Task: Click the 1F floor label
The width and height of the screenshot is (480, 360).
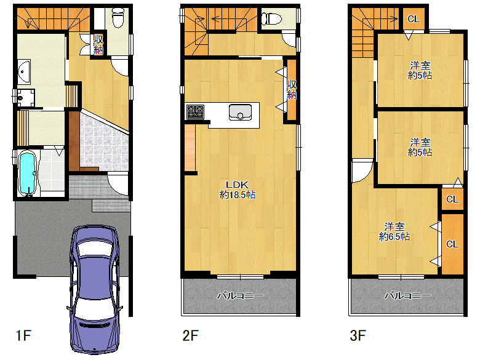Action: pyautogui.click(x=23, y=335)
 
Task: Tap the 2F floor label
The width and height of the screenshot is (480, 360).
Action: pyautogui.click(x=190, y=335)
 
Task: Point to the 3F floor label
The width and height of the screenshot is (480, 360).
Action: pyautogui.click(x=358, y=335)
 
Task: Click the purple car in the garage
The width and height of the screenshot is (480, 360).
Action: pyautogui.click(x=94, y=289)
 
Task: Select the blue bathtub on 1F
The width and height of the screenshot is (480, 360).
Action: pyautogui.click(x=28, y=174)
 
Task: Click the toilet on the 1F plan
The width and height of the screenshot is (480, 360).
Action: pyautogui.click(x=118, y=17)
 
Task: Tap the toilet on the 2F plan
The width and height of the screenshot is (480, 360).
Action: pyautogui.click(x=271, y=18)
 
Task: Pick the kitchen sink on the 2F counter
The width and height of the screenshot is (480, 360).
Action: pyautogui.click(x=240, y=113)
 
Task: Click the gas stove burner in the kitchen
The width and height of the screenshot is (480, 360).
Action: pyautogui.click(x=195, y=112)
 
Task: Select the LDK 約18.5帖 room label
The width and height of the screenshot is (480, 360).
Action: pyautogui.click(x=238, y=190)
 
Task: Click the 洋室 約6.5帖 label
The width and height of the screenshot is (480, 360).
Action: pyautogui.click(x=394, y=232)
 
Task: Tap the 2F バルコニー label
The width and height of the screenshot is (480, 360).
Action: pyautogui.click(x=240, y=295)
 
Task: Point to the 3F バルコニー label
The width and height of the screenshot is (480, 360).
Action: pyautogui.click(x=407, y=295)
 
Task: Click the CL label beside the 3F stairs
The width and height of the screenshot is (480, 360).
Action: pyautogui.click(x=414, y=19)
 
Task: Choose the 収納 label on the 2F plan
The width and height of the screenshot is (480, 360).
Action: pyautogui.click(x=292, y=89)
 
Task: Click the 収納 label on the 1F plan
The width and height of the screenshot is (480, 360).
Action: pyautogui.click(x=98, y=45)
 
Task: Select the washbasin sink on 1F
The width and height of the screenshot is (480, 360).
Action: pyautogui.click(x=23, y=72)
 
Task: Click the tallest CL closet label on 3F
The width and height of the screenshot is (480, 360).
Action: pyautogui.click(x=452, y=244)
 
